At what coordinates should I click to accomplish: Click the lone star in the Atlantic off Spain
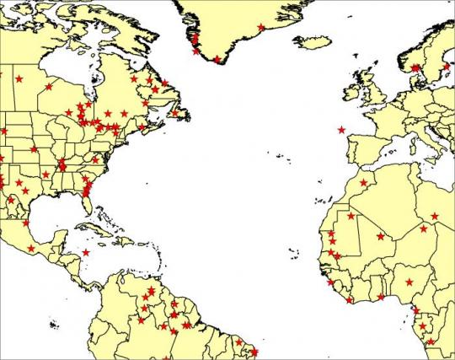pos(341,130)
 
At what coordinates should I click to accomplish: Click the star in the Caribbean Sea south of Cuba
pos(85,252)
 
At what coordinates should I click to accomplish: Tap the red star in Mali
pos(380,237)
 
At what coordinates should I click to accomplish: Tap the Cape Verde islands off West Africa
pos(295,250)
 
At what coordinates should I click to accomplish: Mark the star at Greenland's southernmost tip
pos(217,59)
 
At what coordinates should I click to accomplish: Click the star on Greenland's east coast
pos(261,28)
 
